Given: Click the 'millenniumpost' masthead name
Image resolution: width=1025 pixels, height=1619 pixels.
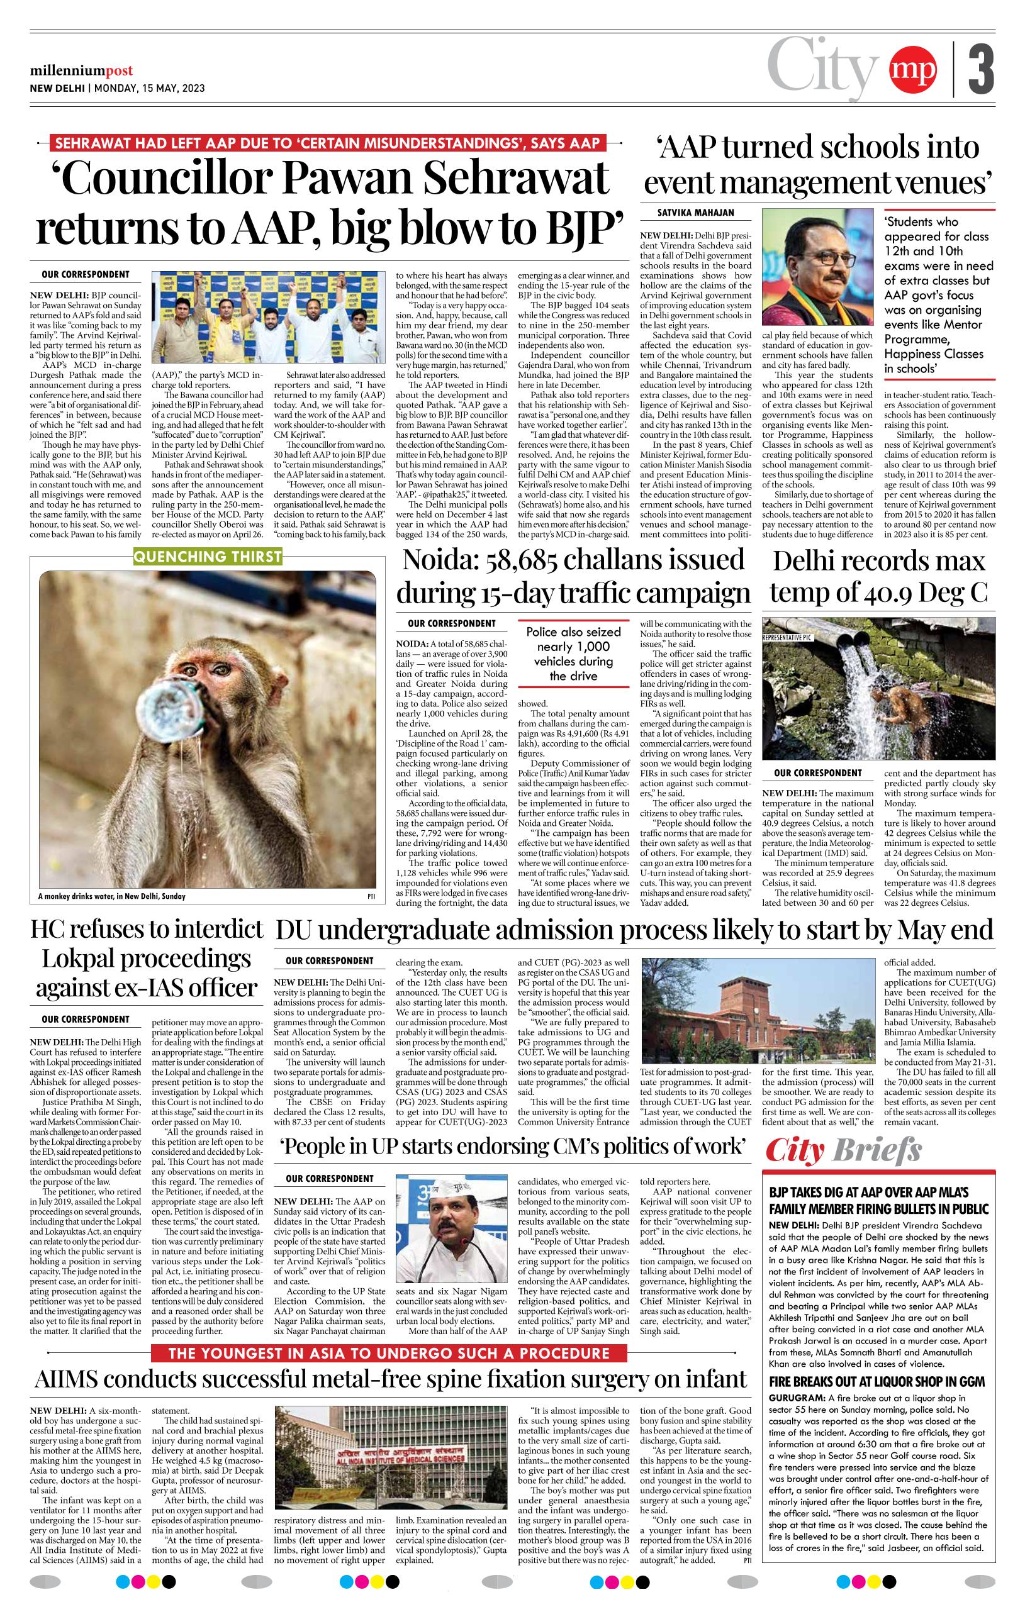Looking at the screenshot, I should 81,70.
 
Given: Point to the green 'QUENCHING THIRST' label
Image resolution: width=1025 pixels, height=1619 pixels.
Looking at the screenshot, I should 208,556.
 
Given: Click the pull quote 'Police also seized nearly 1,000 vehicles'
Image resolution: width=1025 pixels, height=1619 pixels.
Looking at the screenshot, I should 573,654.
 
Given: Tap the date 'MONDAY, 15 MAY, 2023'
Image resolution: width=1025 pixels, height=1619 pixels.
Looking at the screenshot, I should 150,88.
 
